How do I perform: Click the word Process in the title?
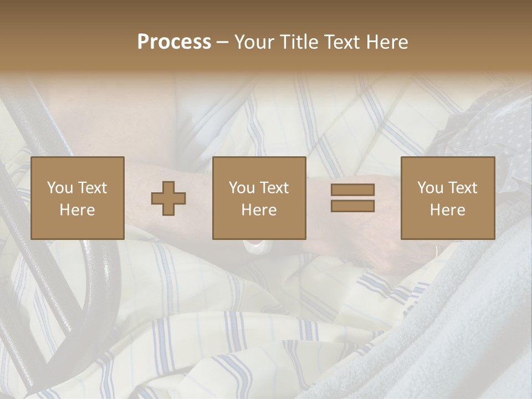[x=174, y=42]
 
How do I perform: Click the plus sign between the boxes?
[x=168, y=198]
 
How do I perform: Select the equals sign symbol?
[x=352, y=198]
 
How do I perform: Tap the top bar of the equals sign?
[x=352, y=190]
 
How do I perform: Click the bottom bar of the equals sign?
[x=352, y=206]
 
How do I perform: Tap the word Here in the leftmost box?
[x=78, y=210]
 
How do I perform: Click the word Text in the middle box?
[x=274, y=188]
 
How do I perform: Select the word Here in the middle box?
[x=259, y=210]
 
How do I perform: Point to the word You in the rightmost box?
[x=431, y=188]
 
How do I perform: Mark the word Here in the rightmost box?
[x=448, y=210]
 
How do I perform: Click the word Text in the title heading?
[x=341, y=42]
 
